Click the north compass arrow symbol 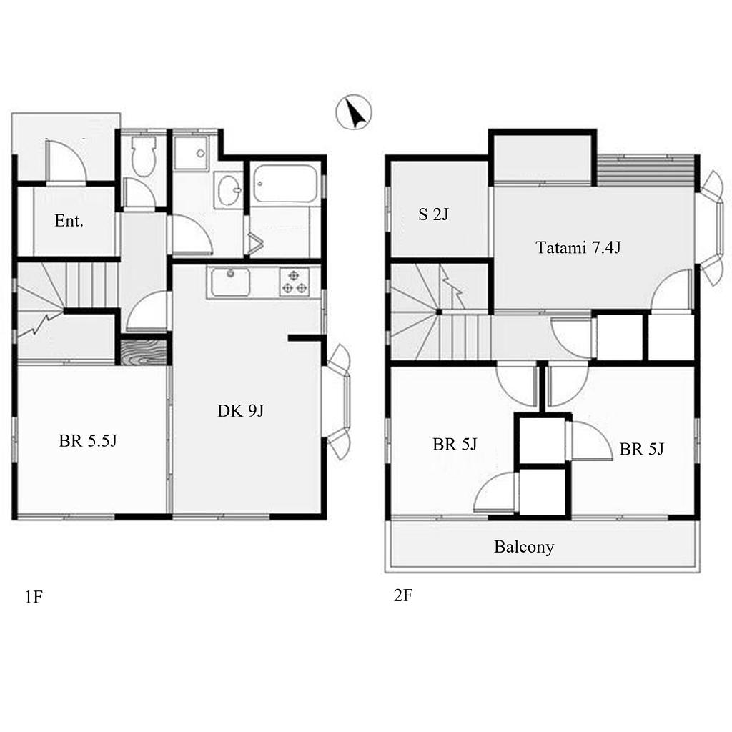point(354,112)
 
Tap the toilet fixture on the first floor point(143,155)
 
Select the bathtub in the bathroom point(285,184)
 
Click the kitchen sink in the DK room point(229,282)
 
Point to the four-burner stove point(295,282)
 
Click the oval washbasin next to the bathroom point(229,189)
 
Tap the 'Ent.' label point(69,220)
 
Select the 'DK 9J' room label point(240,410)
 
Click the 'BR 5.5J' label point(88,440)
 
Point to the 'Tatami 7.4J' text point(578,247)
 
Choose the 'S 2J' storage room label point(433,214)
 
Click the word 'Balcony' point(524,546)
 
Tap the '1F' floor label point(34,596)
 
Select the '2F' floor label point(403,595)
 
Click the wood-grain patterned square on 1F point(144,352)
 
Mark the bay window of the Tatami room point(711,228)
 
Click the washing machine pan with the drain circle point(191,153)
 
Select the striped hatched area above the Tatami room point(646,170)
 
